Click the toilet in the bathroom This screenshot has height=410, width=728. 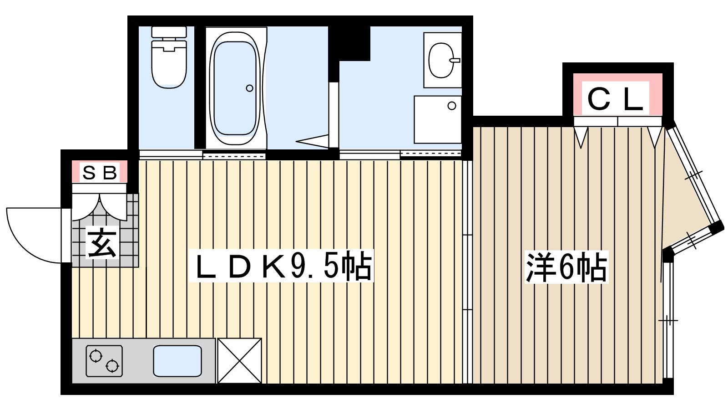[x=169, y=57]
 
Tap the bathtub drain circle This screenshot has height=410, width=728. [x=250, y=88]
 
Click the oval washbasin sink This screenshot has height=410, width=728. [x=441, y=60]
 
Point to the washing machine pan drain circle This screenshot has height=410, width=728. [x=452, y=106]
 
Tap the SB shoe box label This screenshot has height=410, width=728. [x=100, y=173]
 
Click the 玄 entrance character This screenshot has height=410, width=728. [x=102, y=242]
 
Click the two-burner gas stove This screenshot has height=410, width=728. [x=104, y=361]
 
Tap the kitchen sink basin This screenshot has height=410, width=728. [x=177, y=361]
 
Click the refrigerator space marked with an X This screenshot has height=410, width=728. [x=239, y=361]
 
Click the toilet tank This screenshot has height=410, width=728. [x=169, y=32]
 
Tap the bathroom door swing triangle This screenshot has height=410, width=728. [x=313, y=141]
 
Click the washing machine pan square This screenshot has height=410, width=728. [x=438, y=119]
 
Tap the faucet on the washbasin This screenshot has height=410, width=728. [x=455, y=60]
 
